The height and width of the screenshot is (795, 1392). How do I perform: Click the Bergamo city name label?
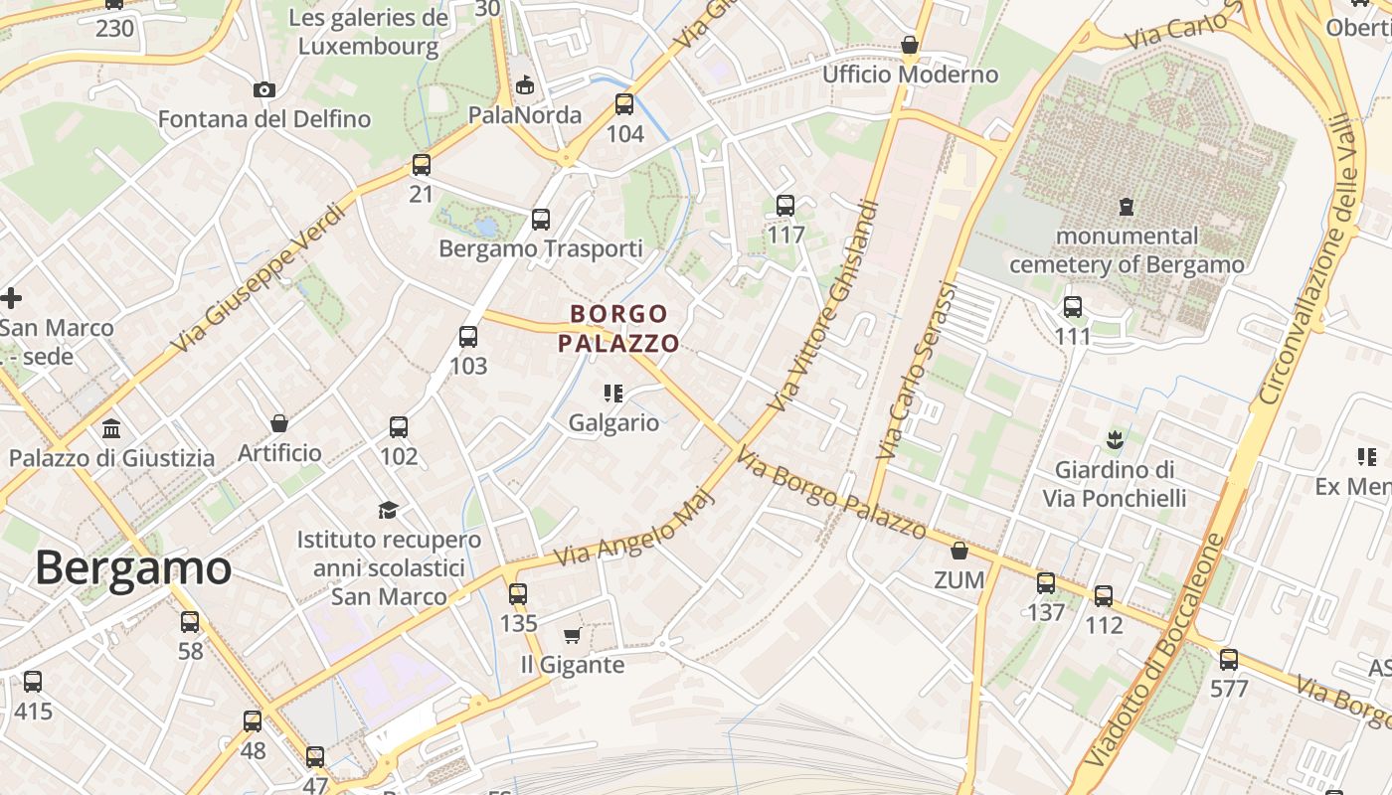(x=133, y=568)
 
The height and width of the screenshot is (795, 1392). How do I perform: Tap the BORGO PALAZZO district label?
(x=618, y=329)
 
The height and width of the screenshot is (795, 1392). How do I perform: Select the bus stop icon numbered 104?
(x=624, y=103)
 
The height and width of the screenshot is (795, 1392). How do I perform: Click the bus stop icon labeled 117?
(x=785, y=206)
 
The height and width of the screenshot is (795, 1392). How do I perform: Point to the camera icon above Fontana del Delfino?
(x=263, y=90)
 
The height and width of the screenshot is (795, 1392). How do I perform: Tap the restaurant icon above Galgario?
(x=613, y=394)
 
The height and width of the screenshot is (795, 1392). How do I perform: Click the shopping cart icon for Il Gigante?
(x=572, y=636)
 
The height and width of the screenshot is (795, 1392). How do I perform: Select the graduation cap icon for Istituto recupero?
(x=388, y=510)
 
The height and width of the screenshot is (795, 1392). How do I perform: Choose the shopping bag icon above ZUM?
(x=959, y=550)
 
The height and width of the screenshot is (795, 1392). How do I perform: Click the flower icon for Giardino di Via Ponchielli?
(x=1115, y=438)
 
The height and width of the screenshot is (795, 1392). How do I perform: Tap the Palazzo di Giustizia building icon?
(x=111, y=429)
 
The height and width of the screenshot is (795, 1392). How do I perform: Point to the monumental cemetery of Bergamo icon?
(x=1126, y=207)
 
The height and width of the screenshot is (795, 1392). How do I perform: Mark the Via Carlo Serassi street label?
(x=917, y=370)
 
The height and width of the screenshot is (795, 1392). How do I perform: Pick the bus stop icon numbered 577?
(x=1229, y=659)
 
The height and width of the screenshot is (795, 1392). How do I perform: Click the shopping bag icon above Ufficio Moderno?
(x=909, y=45)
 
